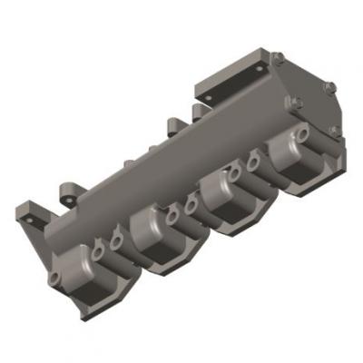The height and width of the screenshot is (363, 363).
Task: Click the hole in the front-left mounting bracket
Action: (34, 220)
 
